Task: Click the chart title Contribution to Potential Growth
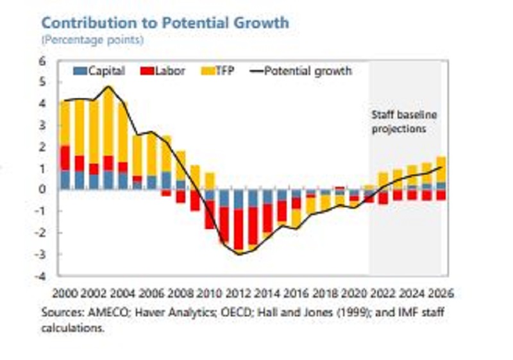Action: (x=165, y=22)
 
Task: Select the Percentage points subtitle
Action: (x=92, y=40)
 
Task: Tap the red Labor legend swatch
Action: (x=144, y=71)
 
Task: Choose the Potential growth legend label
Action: (x=308, y=71)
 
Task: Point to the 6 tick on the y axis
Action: (x=43, y=61)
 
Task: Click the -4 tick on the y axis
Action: (x=42, y=277)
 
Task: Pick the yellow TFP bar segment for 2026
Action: (x=441, y=169)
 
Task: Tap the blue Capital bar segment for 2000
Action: (x=65, y=180)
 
